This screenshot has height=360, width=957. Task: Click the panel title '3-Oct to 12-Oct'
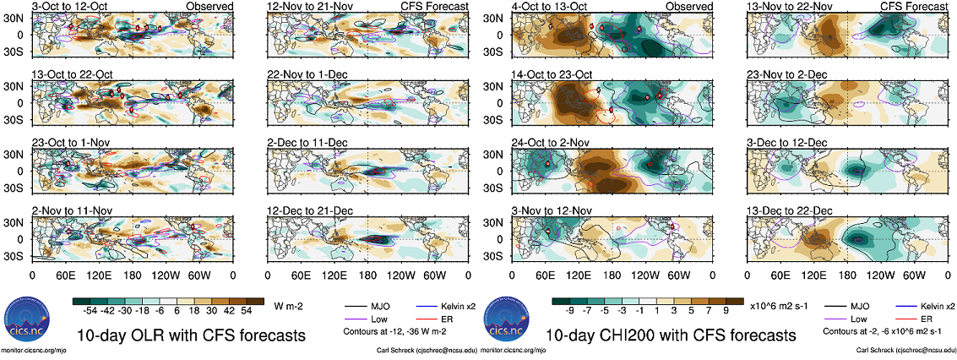(68, 6)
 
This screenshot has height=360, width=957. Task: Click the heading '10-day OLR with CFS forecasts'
(190, 335)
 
